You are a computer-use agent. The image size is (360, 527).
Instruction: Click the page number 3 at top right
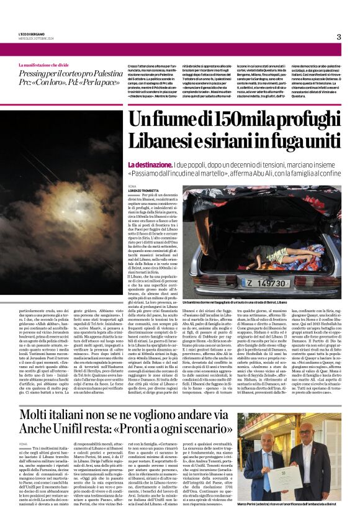click(x=338, y=37)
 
